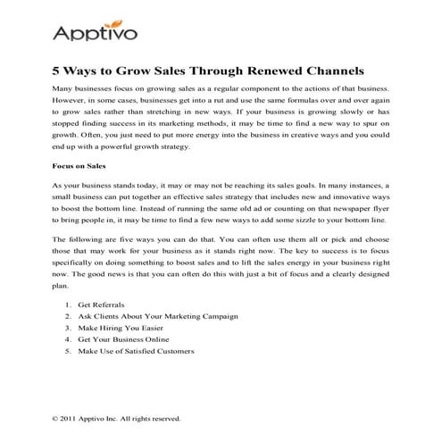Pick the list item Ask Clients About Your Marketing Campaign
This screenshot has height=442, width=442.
click(157, 317)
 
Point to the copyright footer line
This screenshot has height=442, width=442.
click(116, 418)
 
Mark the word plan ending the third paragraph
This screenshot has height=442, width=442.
click(61, 288)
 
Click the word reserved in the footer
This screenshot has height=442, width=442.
click(163, 418)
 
